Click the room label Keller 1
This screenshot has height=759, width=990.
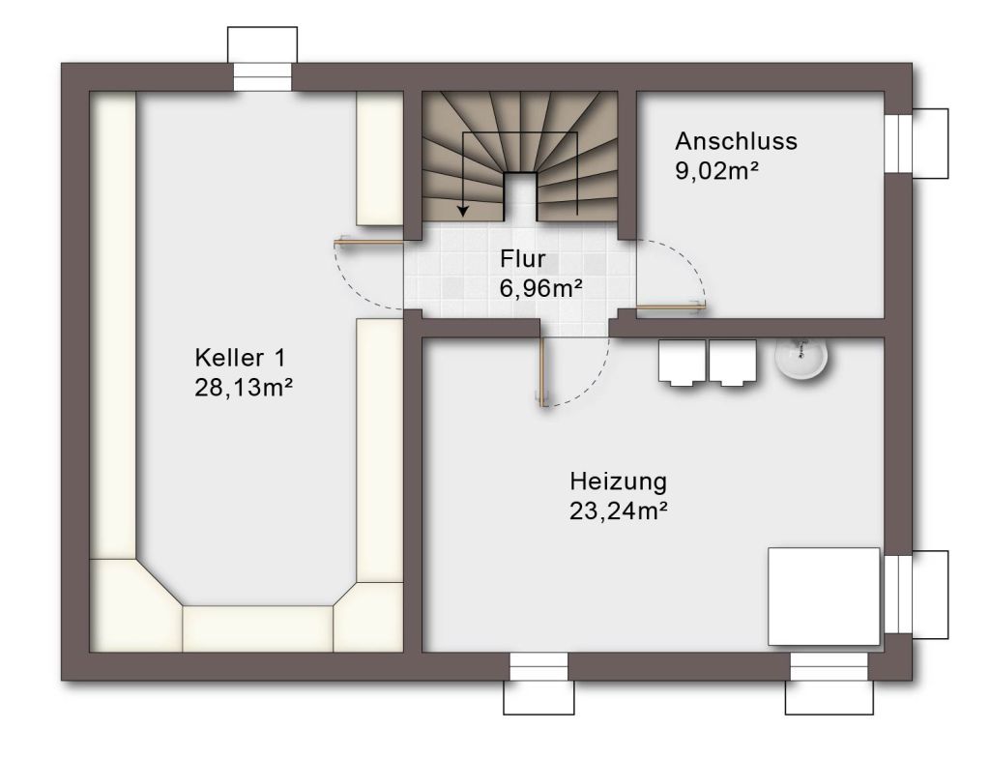(x=240, y=358)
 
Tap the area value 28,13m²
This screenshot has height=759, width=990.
(x=243, y=388)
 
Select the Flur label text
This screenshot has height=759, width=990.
(x=522, y=259)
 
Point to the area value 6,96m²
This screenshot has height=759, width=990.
(x=540, y=288)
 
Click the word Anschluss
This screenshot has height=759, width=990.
(x=736, y=141)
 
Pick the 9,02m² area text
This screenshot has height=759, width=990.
(x=716, y=170)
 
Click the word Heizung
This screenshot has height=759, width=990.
(x=618, y=482)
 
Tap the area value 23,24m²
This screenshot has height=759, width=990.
(x=618, y=511)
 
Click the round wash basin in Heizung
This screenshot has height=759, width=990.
(x=801, y=359)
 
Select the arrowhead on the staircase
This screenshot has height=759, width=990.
(x=463, y=210)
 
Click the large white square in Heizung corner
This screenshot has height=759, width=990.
(x=824, y=597)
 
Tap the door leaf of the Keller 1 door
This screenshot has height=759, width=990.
(x=368, y=241)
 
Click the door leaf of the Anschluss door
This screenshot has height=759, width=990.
(x=671, y=307)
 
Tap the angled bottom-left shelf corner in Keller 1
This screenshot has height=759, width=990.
(x=136, y=605)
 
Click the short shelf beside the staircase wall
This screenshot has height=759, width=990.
(x=379, y=159)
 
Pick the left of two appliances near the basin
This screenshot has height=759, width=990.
(x=682, y=363)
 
